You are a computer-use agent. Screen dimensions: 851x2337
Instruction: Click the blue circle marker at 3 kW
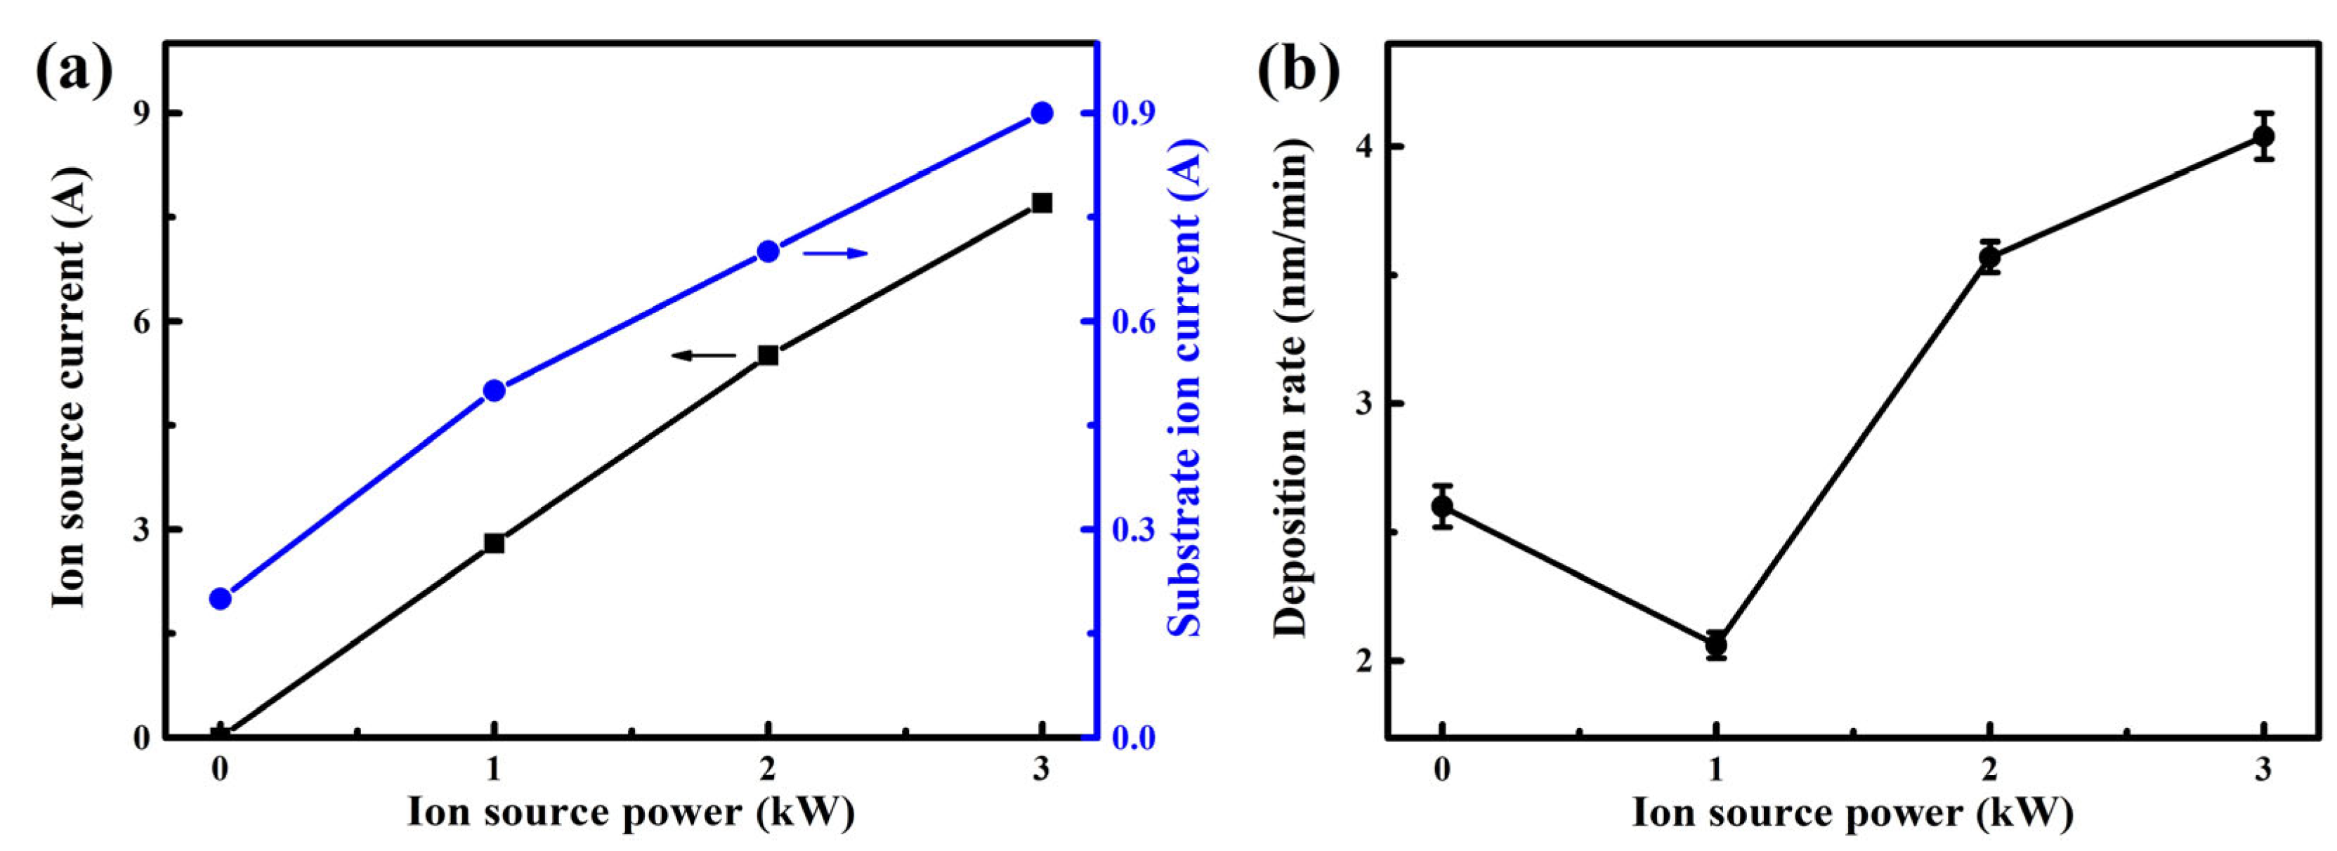coord(1042,114)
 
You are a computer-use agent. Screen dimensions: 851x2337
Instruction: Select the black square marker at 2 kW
coord(768,355)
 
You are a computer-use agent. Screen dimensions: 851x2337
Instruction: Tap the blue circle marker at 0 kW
coord(220,599)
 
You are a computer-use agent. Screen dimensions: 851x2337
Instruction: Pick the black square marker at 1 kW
coord(494,543)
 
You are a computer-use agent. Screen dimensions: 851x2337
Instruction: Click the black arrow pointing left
coord(704,356)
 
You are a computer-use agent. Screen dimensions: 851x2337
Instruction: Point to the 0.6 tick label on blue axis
coord(1132,323)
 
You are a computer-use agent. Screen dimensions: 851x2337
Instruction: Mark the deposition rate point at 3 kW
coord(2263,136)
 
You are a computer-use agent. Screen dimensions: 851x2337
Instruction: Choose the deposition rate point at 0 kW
coord(1441,506)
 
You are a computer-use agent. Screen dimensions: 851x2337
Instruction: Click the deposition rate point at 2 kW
coord(1989,257)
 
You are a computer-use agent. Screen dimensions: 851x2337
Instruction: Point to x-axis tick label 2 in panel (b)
coord(1989,771)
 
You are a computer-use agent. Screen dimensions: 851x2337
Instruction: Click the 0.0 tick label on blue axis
coord(1132,739)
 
